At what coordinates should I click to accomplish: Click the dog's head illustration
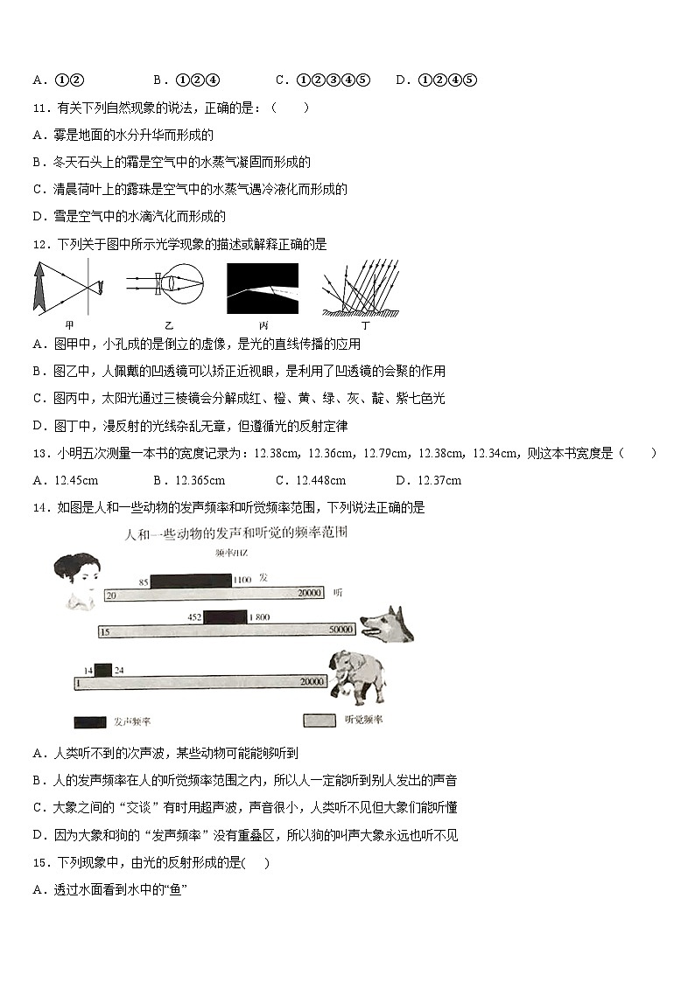click(x=385, y=624)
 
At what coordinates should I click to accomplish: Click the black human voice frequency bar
click(x=190, y=580)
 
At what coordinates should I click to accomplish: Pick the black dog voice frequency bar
click(x=225, y=617)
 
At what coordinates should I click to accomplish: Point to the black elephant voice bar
click(x=103, y=671)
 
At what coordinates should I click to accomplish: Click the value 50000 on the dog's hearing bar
click(x=339, y=630)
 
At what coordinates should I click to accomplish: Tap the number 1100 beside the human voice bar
click(x=242, y=580)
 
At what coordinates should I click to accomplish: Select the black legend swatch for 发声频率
click(x=90, y=722)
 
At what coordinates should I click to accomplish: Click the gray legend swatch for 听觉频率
click(x=319, y=721)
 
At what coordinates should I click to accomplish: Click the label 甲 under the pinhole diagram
click(x=70, y=325)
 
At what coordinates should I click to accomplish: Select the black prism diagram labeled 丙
click(x=262, y=289)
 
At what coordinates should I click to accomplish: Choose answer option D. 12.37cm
click(x=428, y=480)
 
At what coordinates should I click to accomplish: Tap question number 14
click(x=39, y=507)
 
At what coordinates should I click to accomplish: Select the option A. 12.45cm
click(x=65, y=480)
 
